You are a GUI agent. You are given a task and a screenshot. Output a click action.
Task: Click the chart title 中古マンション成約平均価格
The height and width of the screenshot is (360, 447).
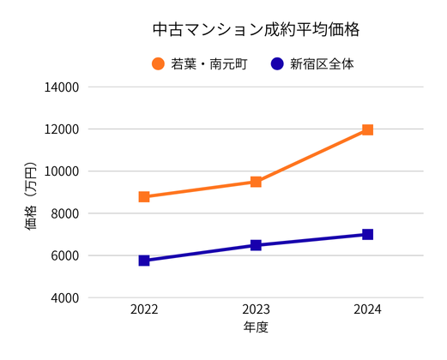pyautogui.click(x=255, y=30)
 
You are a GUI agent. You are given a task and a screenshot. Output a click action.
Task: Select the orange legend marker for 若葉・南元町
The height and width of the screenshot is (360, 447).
pyautogui.click(x=158, y=63)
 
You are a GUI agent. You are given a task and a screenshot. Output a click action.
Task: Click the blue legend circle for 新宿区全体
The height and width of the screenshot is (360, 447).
pyautogui.click(x=276, y=63)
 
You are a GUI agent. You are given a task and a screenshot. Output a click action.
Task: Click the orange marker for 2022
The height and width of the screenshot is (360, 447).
pyautogui.click(x=144, y=196)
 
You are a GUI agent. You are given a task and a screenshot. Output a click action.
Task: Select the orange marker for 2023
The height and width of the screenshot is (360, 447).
pyautogui.click(x=256, y=182)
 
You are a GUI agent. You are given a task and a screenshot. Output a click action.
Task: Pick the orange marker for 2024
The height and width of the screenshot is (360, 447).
pyautogui.click(x=367, y=129)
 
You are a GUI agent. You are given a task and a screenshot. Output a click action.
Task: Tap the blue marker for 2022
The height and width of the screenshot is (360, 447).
pyautogui.click(x=144, y=261)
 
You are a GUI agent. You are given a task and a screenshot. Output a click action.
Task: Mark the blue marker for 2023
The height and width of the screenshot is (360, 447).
pyautogui.click(x=256, y=245)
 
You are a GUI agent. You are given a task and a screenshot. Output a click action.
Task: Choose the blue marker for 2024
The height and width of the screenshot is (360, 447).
pyautogui.click(x=367, y=234)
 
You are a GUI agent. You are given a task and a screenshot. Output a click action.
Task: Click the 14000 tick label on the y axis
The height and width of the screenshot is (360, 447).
pyautogui.click(x=62, y=87)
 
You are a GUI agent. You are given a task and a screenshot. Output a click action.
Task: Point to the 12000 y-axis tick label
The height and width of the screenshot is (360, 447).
pyautogui.click(x=62, y=129)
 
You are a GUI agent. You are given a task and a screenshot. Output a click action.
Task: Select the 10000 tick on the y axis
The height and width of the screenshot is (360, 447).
pyautogui.click(x=62, y=171)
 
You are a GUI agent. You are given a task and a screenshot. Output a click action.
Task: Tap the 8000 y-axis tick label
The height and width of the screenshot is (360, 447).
pyautogui.click(x=65, y=213)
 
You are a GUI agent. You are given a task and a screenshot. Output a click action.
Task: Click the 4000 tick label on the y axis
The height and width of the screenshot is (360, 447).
pyautogui.click(x=65, y=297)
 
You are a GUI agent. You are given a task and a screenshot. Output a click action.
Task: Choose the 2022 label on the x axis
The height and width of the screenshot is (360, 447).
pyautogui.click(x=144, y=309)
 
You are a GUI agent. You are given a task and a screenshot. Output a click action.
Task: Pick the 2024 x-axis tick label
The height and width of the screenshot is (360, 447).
pyautogui.click(x=367, y=309)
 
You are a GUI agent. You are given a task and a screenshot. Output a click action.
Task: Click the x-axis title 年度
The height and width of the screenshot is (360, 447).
pyautogui.click(x=256, y=327)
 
